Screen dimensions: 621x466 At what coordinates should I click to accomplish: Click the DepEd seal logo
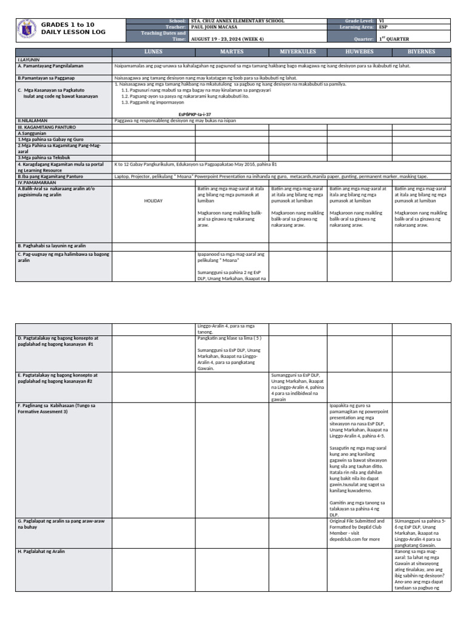pyautogui.click(x=26, y=30)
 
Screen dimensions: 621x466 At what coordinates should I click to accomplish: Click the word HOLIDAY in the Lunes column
pyautogui.click(x=154, y=201)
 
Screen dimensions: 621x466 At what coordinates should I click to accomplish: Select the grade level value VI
pyautogui.click(x=381, y=21)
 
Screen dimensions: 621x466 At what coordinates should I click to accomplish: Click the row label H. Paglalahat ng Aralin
pyautogui.click(x=41, y=551)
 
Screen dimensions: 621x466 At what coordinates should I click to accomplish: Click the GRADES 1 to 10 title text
pyautogui.click(x=64, y=24)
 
